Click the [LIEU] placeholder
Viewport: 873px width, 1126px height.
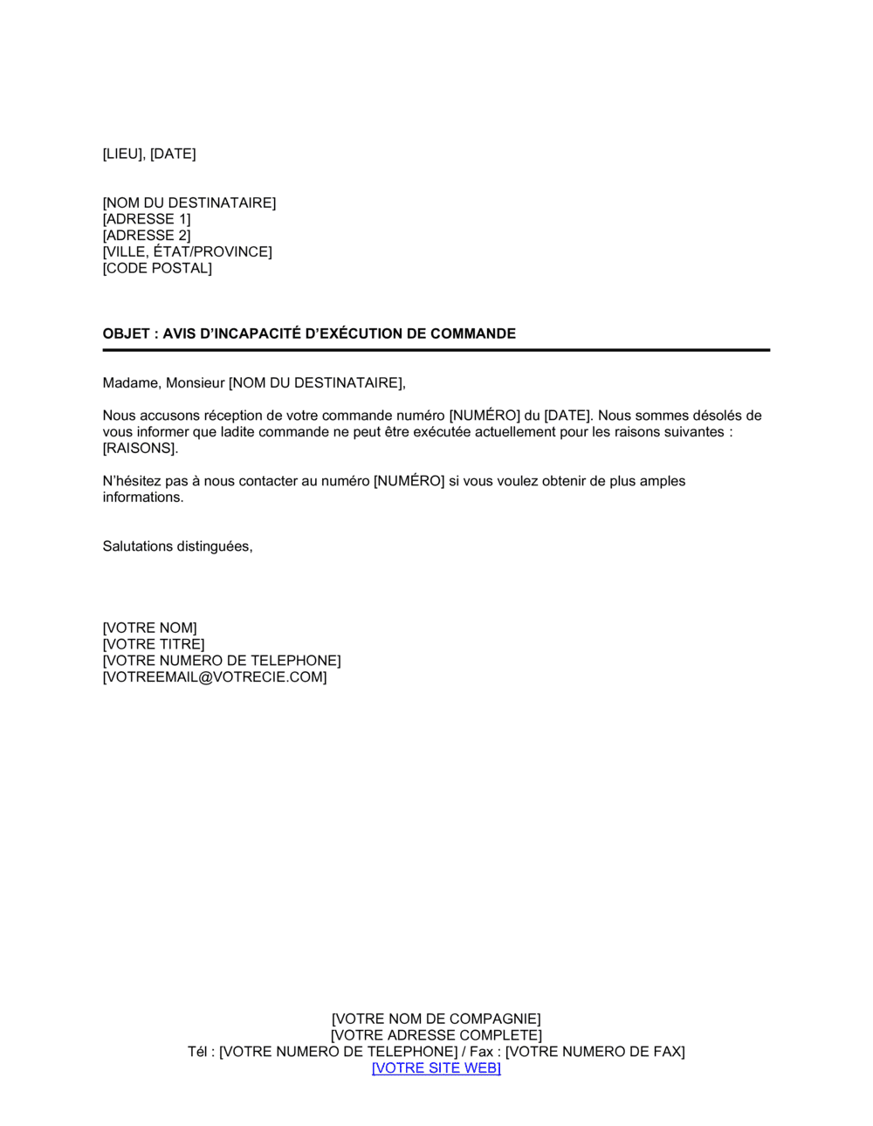(x=122, y=154)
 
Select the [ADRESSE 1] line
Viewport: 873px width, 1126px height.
(x=147, y=219)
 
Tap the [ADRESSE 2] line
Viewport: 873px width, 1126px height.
(x=147, y=236)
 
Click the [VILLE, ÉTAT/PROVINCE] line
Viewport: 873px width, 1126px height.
(x=187, y=252)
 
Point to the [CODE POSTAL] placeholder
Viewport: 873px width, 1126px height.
(x=157, y=269)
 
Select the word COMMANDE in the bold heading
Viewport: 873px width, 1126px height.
(x=473, y=333)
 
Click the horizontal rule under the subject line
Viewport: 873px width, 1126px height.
(x=436, y=350)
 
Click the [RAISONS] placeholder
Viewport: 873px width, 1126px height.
(x=140, y=449)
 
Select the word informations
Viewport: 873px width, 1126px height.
(x=143, y=498)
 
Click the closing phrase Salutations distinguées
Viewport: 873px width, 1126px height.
(x=177, y=546)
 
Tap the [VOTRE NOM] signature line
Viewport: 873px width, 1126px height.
(x=149, y=628)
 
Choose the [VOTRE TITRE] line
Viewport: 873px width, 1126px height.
(x=154, y=645)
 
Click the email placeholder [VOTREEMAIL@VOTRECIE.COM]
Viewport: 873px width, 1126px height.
(x=215, y=677)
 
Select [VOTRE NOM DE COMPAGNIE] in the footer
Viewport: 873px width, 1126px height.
(x=436, y=1020)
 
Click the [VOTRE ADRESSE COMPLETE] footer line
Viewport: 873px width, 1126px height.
(x=436, y=1036)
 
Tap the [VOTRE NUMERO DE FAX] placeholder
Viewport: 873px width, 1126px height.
(x=595, y=1052)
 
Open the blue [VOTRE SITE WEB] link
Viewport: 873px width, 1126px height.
(x=436, y=1068)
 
